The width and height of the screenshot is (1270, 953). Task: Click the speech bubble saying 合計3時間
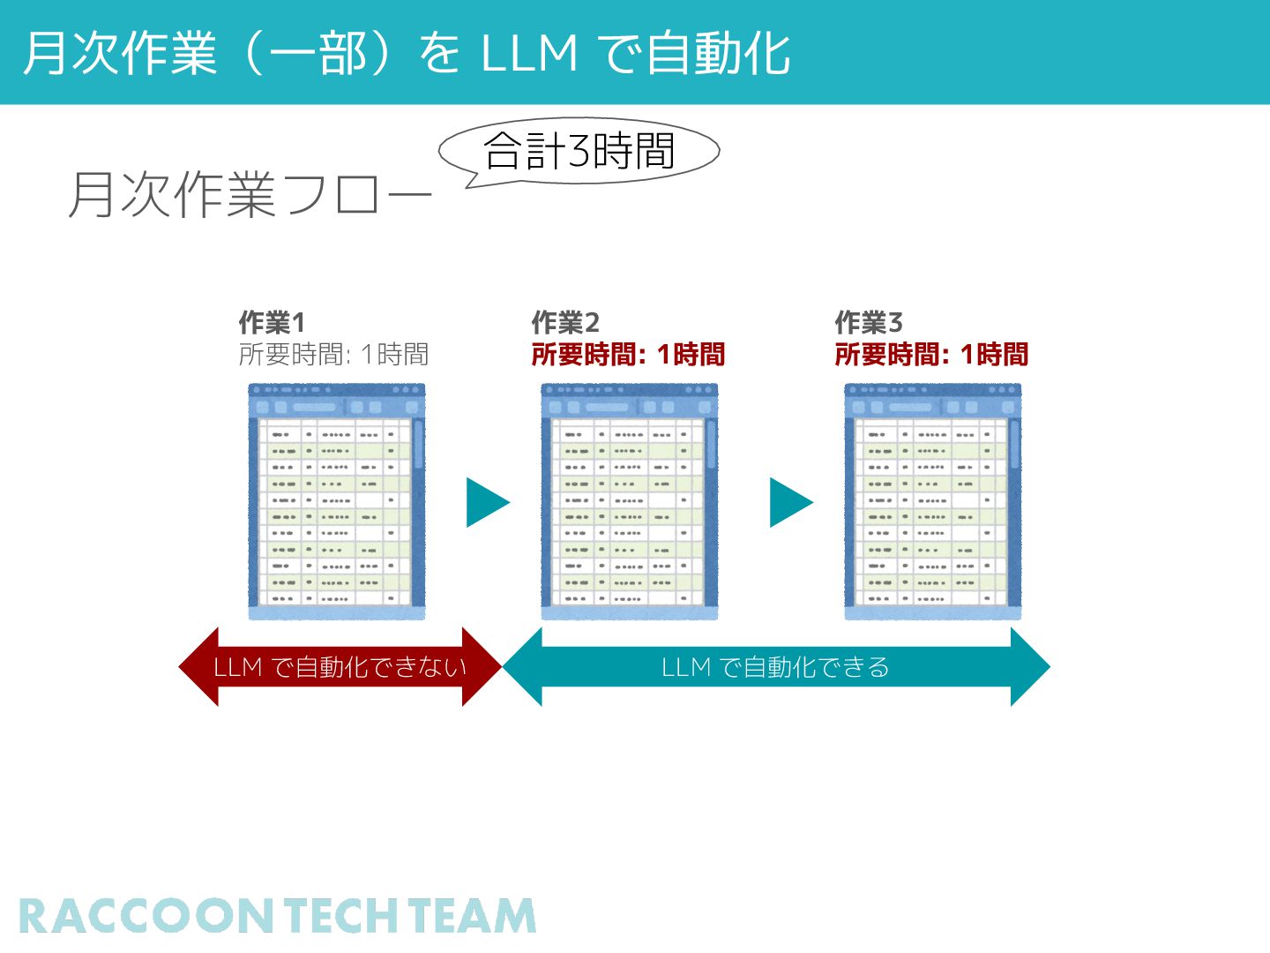(579, 151)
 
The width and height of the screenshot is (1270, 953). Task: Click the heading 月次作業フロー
(250, 195)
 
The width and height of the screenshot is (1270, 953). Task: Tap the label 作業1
(272, 322)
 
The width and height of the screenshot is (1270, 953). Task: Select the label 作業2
(565, 322)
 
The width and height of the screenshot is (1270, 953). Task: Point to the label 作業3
(869, 322)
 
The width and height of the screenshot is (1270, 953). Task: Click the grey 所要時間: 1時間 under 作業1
(333, 355)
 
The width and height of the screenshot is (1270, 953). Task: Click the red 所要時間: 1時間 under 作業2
(628, 355)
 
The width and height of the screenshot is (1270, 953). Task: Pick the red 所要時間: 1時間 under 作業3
(931, 355)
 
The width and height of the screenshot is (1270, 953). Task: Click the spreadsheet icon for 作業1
(337, 501)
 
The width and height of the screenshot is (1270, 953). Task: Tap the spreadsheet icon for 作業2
(630, 501)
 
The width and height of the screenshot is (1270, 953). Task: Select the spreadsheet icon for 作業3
(933, 501)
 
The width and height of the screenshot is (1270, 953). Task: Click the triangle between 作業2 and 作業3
(790, 503)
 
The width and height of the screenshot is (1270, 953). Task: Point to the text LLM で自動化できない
(340, 667)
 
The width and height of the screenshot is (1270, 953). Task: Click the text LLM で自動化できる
(775, 667)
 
